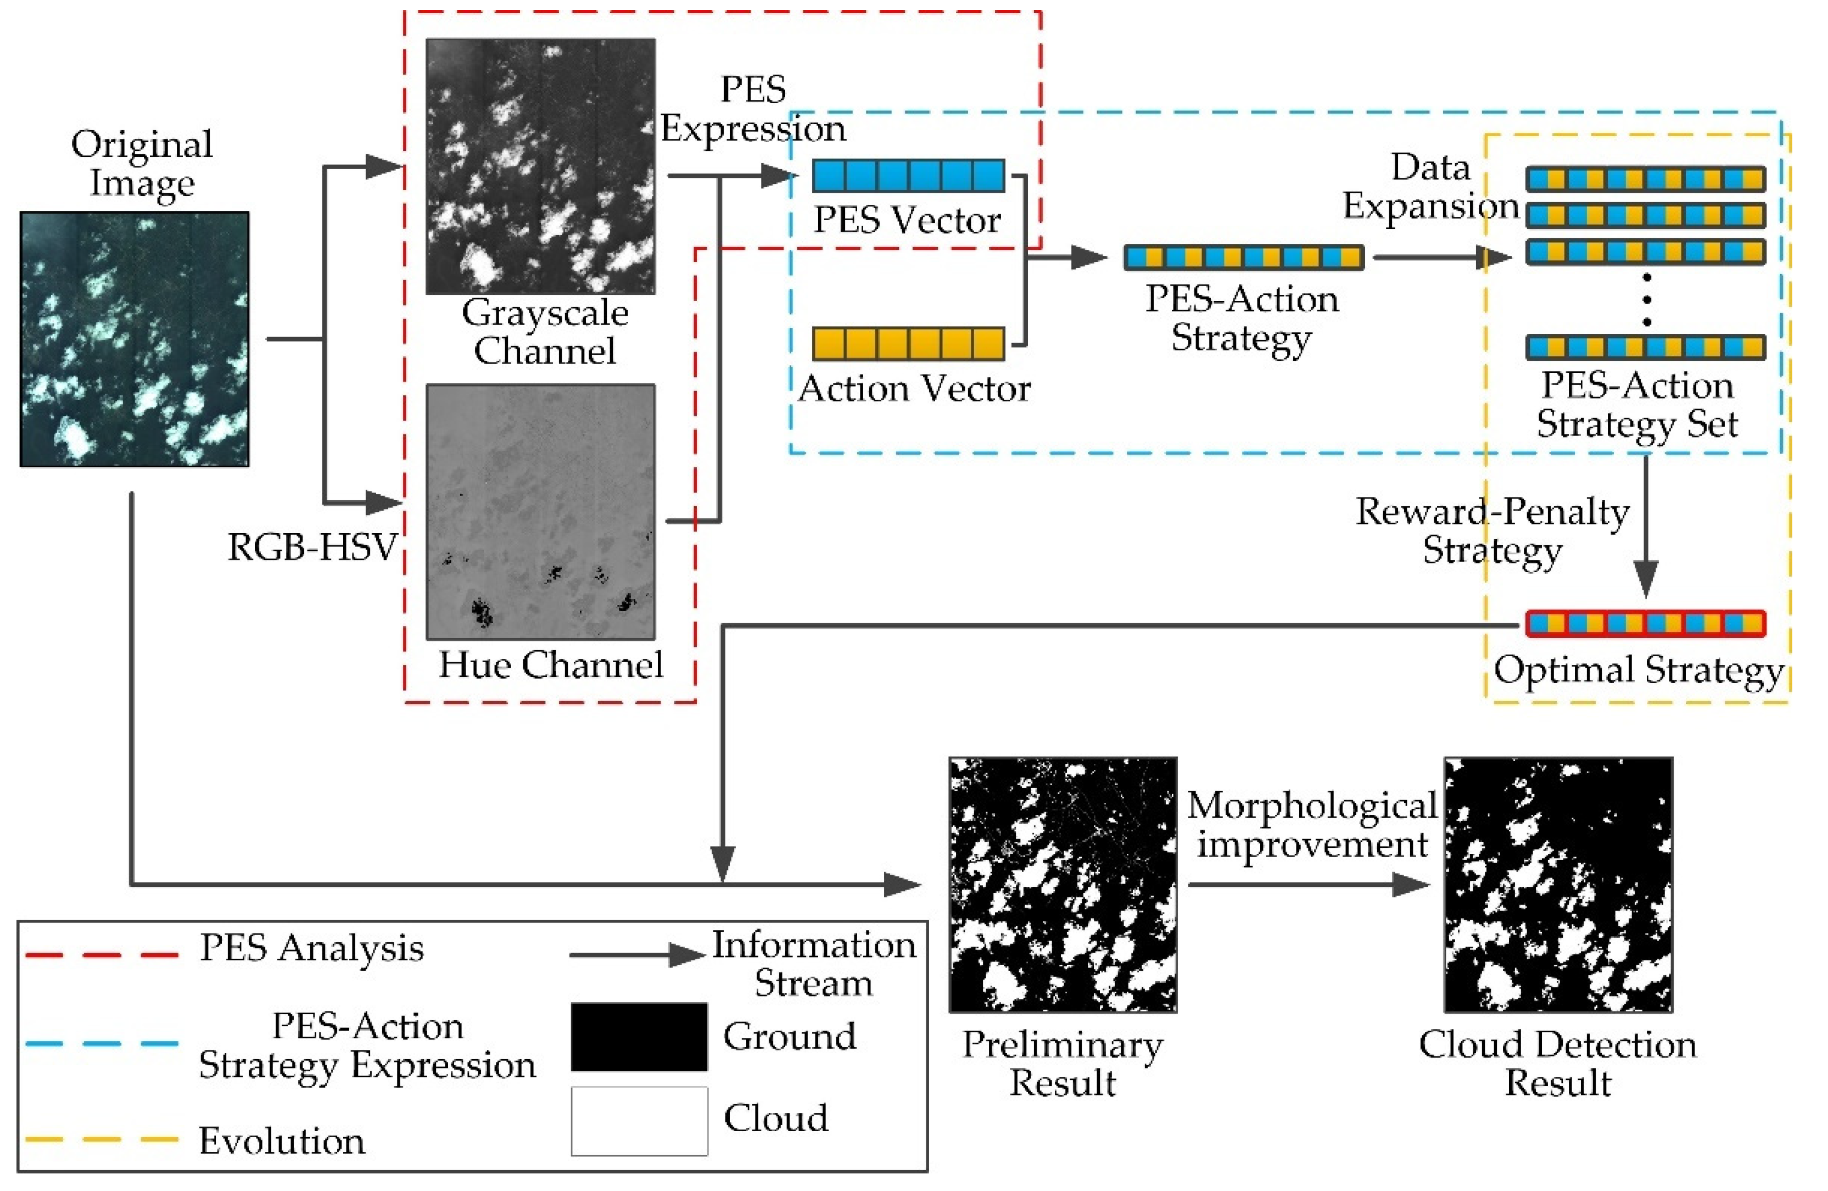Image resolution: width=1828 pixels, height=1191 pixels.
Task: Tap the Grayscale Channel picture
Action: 541,166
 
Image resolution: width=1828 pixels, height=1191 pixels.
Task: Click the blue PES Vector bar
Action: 909,176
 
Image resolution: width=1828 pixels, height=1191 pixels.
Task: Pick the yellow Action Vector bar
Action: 909,343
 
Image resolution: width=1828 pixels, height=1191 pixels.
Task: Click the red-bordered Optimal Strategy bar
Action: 1645,624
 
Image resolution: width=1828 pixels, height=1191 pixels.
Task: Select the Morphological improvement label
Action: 1312,825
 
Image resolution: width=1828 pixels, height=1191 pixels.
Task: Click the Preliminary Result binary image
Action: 1063,885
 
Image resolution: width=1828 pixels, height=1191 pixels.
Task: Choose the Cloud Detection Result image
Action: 1558,885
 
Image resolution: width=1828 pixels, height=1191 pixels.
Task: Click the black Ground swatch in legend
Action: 639,1036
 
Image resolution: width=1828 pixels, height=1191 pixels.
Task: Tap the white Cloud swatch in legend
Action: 639,1120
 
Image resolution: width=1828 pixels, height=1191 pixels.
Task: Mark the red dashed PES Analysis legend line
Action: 102,954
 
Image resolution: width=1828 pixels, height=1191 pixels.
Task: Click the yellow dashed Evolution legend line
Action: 102,1139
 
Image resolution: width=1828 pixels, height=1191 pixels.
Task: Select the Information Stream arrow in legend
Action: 636,954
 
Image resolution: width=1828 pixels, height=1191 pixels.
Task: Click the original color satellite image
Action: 135,339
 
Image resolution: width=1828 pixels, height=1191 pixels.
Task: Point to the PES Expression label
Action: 753,109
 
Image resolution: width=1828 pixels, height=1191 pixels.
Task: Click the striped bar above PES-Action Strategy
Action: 1244,257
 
